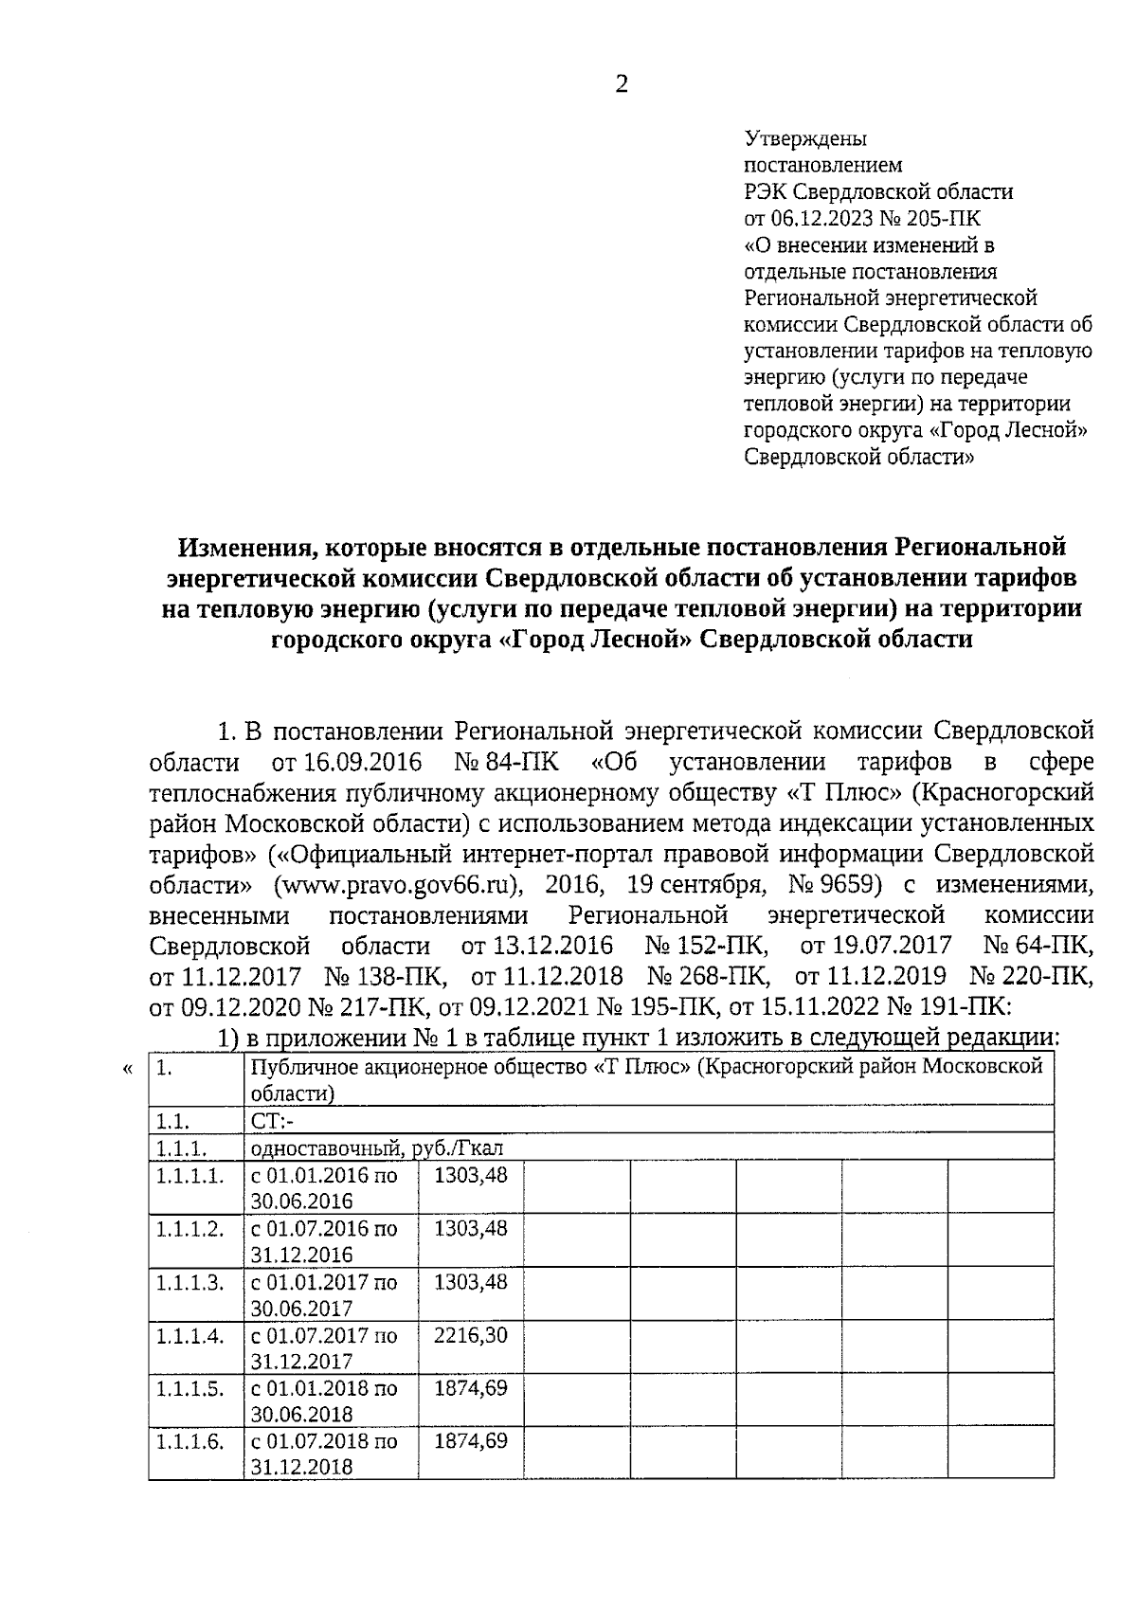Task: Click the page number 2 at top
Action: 622,85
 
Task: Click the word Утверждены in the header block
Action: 805,139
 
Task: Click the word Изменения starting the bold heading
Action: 244,547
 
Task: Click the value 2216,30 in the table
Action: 470,1336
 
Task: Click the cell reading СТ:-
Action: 274,1122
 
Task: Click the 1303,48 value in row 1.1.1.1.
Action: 470,1175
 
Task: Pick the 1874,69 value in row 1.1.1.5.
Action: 470,1389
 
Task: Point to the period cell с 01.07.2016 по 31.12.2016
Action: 323,1241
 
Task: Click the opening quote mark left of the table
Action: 128,1069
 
